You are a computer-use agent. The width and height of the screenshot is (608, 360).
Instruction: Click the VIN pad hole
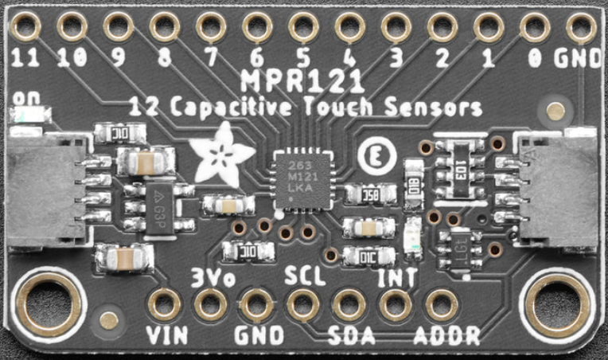166,304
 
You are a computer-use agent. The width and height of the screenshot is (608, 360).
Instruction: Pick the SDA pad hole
349,304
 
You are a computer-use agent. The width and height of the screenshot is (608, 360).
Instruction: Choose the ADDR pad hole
440,304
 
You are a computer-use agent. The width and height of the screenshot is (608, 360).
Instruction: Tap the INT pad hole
395,304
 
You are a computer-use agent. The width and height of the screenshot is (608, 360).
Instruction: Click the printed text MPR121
302,81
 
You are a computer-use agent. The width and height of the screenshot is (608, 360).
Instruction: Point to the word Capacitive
231,107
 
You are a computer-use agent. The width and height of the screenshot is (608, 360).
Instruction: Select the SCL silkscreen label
303,276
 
